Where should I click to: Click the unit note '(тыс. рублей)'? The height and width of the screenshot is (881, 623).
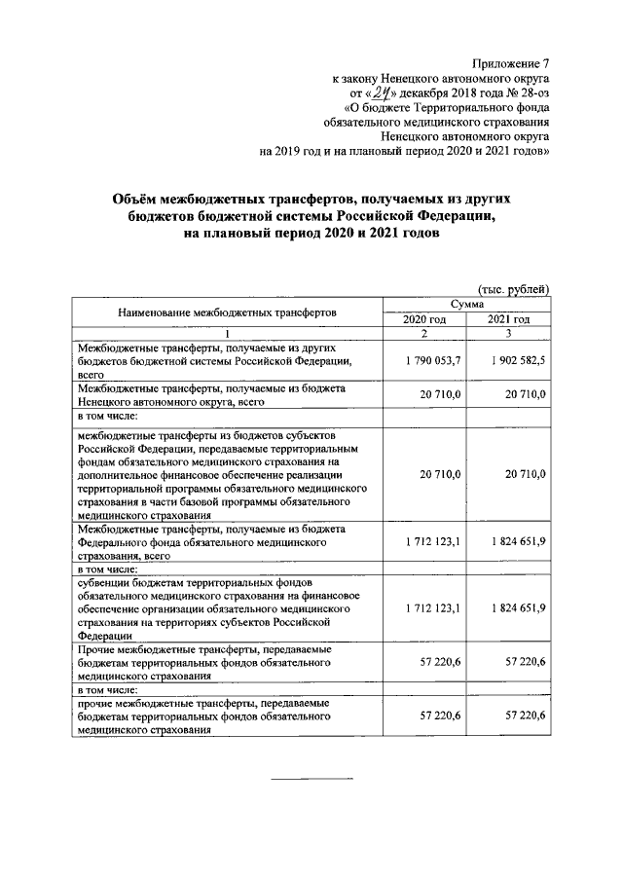513,289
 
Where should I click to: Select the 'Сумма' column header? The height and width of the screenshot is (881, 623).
466,305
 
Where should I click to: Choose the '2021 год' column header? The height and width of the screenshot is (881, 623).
508,319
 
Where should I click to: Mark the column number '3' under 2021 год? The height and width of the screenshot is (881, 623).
508,334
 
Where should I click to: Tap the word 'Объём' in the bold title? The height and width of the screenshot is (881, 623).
138,198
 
